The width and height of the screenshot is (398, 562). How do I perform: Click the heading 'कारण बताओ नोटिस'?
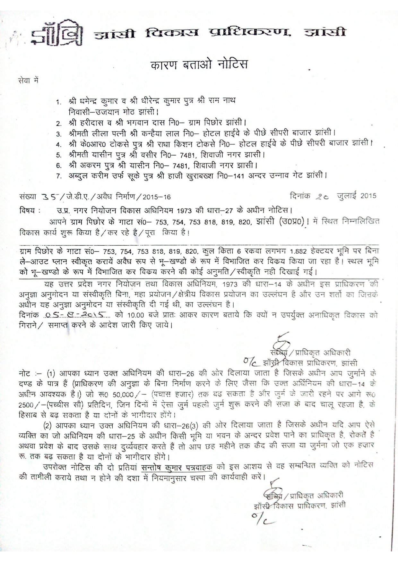point(199,64)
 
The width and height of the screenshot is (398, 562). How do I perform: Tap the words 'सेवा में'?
point(29,81)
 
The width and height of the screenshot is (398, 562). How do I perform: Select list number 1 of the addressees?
point(58,102)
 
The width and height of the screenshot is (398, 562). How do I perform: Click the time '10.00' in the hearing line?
point(135,315)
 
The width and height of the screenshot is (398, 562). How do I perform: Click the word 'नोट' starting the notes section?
point(25,373)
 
